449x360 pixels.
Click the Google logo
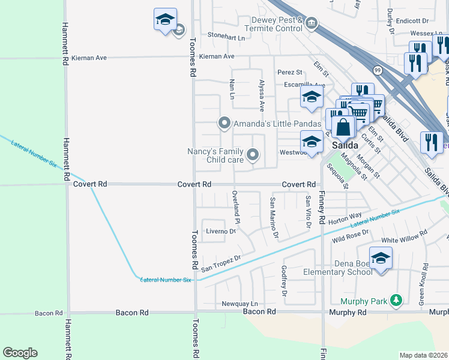click(x=20, y=353)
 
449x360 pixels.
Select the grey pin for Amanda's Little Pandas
click(x=224, y=123)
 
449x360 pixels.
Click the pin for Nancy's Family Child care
click(x=253, y=156)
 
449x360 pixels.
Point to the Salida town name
click(x=345, y=146)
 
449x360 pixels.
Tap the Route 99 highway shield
click(x=377, y=70)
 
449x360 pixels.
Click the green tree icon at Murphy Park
click(x=395, y=299)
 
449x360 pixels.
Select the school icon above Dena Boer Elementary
click(x=381, y=258)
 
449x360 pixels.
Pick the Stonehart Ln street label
click(x=226, y=37)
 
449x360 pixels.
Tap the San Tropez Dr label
click(x=221, y=259)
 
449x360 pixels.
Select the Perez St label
click(x=289, y=72)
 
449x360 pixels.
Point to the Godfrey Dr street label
click(x=284, y=281)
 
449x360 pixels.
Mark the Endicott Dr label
click(x=420, y=21)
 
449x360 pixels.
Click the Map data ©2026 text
click(x=424, y=355)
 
